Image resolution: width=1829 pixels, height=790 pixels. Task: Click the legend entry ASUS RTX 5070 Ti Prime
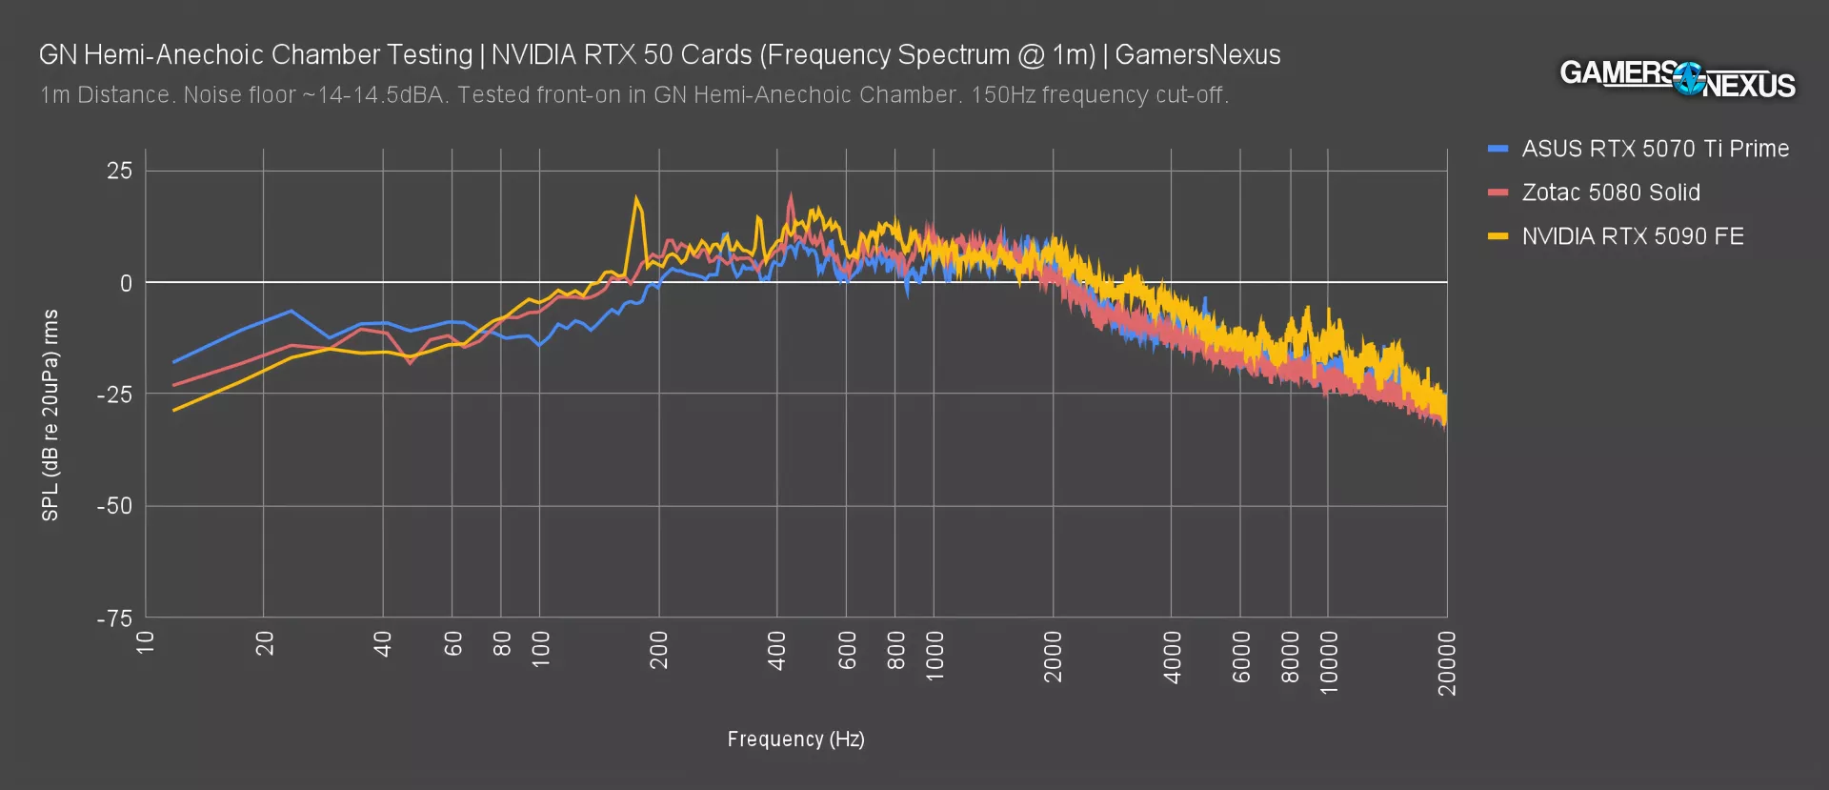coord(1655,150)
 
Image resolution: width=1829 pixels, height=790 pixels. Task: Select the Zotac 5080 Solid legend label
coord(1610,192)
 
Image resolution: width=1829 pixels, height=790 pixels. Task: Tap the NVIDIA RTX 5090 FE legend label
coord(1632,236)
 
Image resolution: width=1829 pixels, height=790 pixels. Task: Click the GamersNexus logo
coord(1677,78)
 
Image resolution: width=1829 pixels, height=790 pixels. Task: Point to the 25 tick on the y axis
coord(120,172)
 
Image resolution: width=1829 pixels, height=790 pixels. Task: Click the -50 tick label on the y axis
coord(114,506)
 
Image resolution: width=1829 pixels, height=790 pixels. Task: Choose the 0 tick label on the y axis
coord(126,284)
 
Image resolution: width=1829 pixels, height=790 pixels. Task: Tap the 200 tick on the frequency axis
coord(658,650)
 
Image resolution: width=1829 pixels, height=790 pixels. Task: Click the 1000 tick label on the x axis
coord(935,655)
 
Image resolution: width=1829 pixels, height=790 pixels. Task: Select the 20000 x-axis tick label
coord(1447,662)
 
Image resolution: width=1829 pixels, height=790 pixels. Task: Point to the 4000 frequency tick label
coord(1172,657)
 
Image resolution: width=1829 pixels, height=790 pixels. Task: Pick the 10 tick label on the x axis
coord(146,642)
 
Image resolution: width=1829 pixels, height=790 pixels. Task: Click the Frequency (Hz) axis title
coord(795,739)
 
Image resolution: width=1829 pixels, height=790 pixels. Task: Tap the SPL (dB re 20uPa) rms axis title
coord(50,415)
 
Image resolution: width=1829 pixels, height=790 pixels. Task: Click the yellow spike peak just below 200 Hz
coord(636,198)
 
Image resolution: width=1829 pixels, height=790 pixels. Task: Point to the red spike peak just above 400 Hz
coord(790,195)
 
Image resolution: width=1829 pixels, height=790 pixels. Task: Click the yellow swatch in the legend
coord(1497,236)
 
